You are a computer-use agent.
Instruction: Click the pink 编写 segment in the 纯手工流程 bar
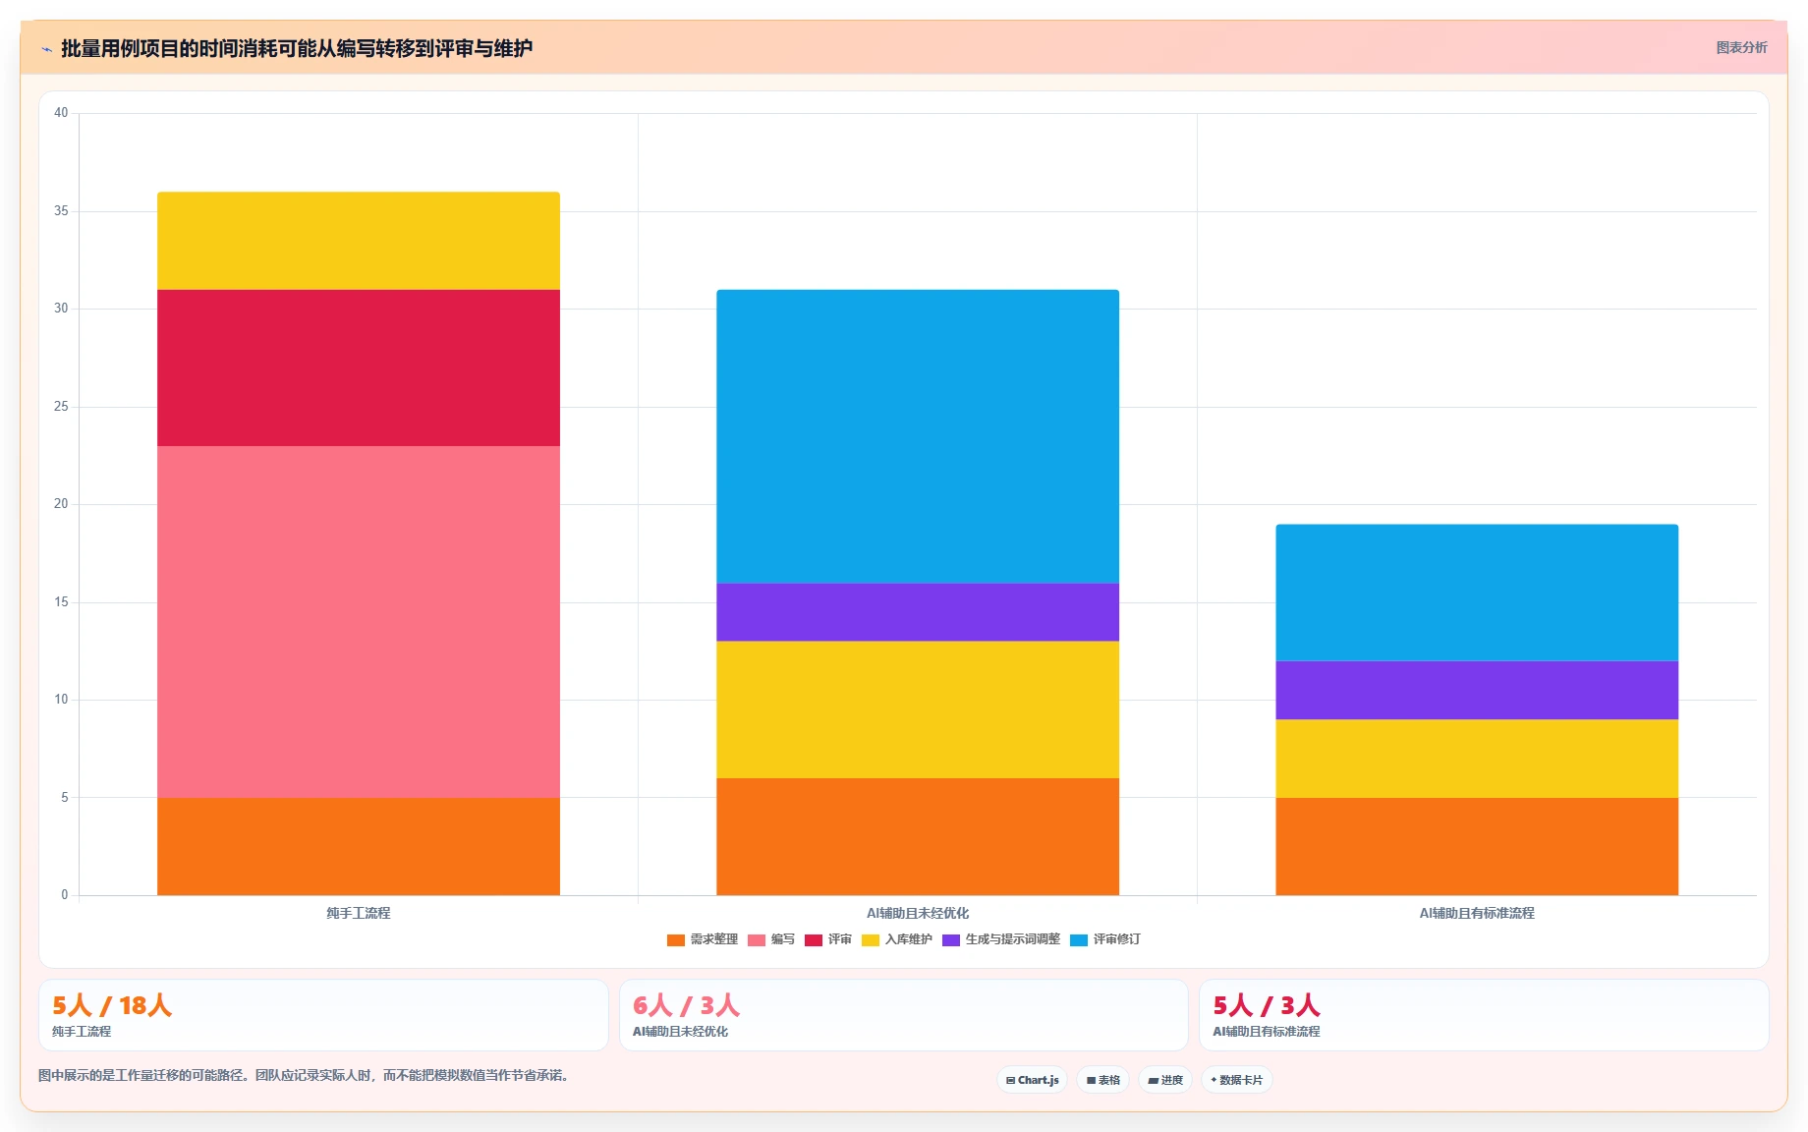pos(359,622)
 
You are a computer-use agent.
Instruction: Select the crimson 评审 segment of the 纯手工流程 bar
pos(359,368)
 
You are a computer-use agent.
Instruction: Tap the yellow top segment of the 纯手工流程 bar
pos(359,241)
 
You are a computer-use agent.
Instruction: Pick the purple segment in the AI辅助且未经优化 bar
pos(918,612)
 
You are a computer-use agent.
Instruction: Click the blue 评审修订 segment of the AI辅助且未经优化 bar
pos(918,436)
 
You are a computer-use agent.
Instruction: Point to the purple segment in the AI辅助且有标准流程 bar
pos(1477,690)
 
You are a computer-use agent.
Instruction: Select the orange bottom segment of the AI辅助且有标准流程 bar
pos(1477,846)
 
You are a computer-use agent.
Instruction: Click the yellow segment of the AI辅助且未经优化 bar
pos(918,709)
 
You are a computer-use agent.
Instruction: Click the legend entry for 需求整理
pos(703,939)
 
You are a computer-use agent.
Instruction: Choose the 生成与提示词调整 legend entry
pos(1001,939)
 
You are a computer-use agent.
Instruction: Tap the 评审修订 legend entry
pos(1105,939)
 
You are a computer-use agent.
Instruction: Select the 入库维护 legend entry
pos(897,939)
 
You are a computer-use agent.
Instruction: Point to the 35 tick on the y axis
pos(62,211)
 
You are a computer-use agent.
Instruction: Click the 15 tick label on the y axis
pos(62,602)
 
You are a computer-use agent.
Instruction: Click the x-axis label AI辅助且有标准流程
pos(1477,913)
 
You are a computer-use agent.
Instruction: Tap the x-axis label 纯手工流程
pos(359,913)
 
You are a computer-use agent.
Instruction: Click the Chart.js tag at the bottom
pos(1033,1080)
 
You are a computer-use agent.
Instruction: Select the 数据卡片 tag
pos(1237,1080)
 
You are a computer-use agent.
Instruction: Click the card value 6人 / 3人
pos(686,1005)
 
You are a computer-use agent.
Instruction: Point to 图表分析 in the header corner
pos(1741,47)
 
